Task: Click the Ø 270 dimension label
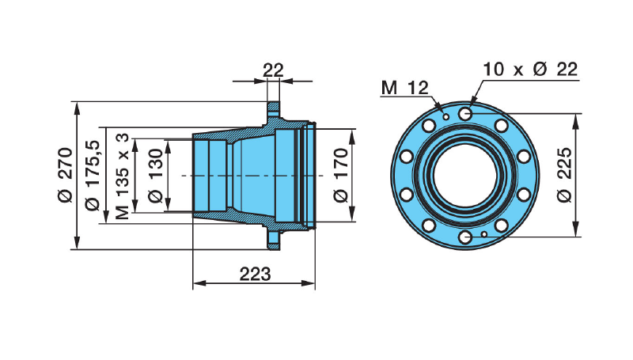[64, 175]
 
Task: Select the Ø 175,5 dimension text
[93, 175]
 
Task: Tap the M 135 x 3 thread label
[122, 175]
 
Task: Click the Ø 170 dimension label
[340, 175]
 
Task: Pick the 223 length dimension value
[255, 275]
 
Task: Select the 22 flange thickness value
[273, 70]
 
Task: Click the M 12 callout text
[404, 87]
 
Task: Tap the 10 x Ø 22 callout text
[529, 69]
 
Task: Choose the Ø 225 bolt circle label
[564, 175]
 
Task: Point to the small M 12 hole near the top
[446, 116]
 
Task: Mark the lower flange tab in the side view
[273, 237]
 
